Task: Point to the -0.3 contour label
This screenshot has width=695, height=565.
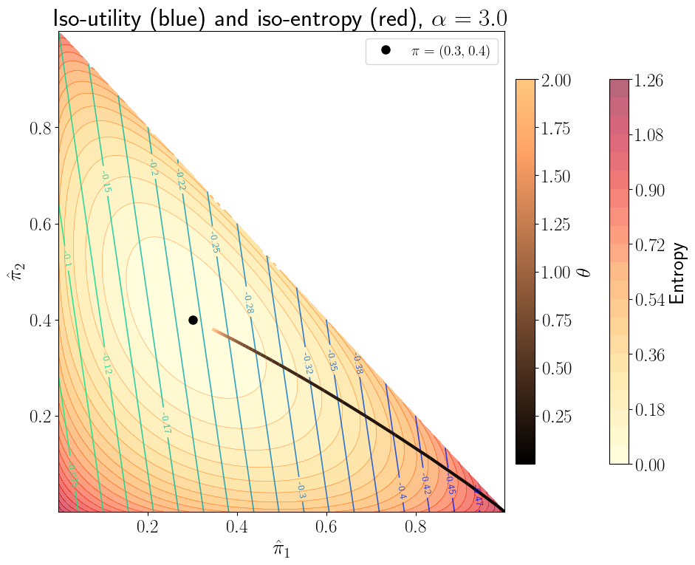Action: click(301, 490)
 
